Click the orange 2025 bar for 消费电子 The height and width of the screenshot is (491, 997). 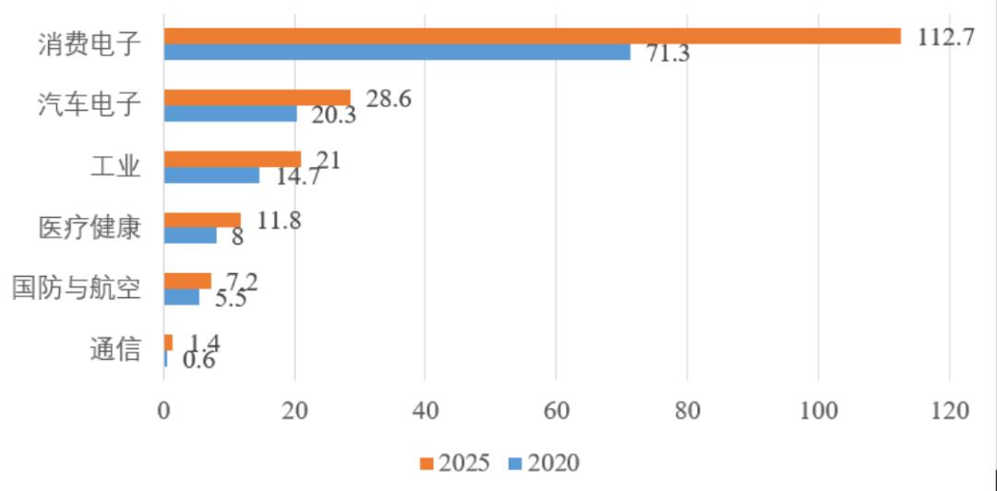(x=532, y=36)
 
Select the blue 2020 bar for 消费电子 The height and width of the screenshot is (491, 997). (x=397, y=52)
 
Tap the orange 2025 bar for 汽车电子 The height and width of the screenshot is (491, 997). (x=257, y=98)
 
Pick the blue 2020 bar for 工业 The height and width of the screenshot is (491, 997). (x=211, y=174)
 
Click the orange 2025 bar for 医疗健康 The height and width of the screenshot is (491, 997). (x=202, y=220)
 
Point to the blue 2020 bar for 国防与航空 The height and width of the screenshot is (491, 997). (x=181, y=297)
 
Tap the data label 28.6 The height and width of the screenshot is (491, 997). (x=388, y=99)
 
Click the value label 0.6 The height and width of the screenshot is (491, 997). (x=198, y=360)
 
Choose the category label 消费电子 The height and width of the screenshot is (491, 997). (x=90, y=43)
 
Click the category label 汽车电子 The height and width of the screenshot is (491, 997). (x=90, y=104)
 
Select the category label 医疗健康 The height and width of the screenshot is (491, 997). (x=90, y=227)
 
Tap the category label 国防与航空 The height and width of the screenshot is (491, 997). (x=77, y=289)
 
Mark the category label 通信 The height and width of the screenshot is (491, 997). (x=115, y=350)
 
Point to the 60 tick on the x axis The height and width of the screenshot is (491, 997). (x=556, y=412)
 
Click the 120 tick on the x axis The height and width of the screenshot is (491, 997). (x=949, y=412)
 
